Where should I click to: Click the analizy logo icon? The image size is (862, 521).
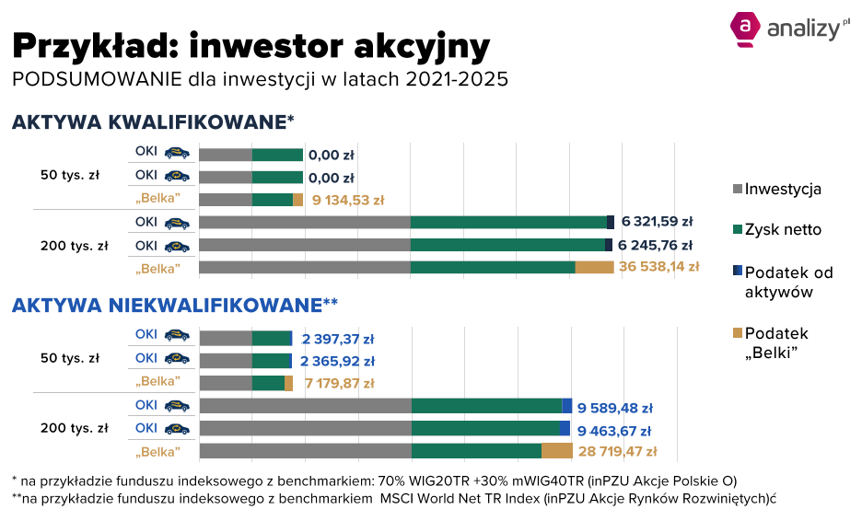[745, 29]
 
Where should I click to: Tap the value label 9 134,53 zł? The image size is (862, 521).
[348, 200]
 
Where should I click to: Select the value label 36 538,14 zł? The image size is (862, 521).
[659, 267]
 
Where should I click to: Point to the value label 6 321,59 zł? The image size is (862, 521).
[657, 222]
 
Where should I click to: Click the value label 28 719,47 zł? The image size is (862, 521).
[618, 452]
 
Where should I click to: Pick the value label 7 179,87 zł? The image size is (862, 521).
[340, 383]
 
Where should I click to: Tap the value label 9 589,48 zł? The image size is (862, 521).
[615, 409]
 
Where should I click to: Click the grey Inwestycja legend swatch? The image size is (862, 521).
[738, 189]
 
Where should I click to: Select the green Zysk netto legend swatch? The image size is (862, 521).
[738, 229]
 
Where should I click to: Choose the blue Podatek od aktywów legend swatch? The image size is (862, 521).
[738, 271]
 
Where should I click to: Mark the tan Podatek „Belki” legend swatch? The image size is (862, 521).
[738, 332]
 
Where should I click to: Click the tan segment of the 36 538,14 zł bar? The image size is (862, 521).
[594, 268]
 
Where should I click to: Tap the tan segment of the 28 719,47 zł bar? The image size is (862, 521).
[557, 451]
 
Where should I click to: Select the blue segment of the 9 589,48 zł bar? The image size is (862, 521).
[566, 406]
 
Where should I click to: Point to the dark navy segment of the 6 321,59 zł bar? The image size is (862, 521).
[611, 223]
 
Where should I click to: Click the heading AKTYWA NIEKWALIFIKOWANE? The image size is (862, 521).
[167, 305]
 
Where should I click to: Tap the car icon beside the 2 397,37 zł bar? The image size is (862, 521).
[177, 335]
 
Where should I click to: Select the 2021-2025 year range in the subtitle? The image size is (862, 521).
[457, 79]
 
